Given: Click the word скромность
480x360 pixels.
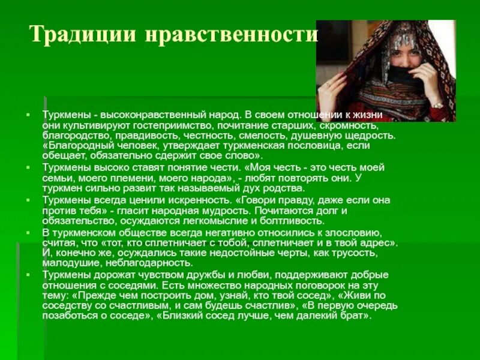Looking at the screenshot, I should (348, 125).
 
